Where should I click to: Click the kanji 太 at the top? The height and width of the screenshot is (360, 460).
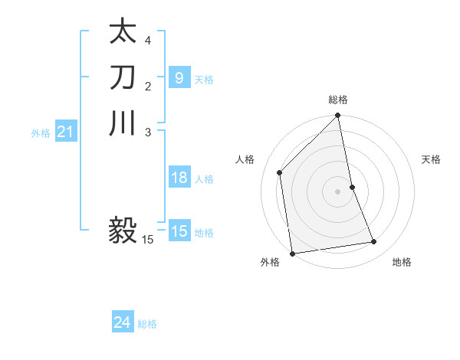tap(123, 33)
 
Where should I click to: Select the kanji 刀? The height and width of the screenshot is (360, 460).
tap(123, 77)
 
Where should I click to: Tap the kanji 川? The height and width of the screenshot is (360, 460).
tap(123, 123)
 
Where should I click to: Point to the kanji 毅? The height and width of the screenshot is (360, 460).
tap(123, 229)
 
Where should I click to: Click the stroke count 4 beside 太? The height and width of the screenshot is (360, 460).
tap(148, 40)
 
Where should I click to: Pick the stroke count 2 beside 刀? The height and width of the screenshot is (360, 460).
tap(148, 85)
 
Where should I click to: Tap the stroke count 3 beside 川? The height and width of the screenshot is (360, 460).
tap(148, 131)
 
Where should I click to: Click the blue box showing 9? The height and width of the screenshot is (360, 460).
tap(179, 77)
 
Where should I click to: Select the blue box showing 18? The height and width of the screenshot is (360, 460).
tap(179, 178)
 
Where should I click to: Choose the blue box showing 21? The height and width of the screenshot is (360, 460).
tap(66, 133)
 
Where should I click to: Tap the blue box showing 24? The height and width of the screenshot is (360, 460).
tap(123, 323)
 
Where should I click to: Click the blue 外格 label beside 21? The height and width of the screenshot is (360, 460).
tap(41, 133)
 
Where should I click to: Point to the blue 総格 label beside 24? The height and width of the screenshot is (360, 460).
tap(147, 324)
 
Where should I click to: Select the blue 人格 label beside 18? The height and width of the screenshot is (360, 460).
tap(204, 179)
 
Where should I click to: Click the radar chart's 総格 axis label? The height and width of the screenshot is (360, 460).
tap(338, 100)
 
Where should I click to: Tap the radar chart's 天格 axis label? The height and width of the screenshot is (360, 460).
tap(432, 159)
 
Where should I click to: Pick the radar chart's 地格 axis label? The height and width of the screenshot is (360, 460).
tap(402, 263)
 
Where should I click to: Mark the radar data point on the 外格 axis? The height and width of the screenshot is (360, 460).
tap(292, 253)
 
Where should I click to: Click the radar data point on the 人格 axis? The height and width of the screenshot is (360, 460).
tap(280, 172)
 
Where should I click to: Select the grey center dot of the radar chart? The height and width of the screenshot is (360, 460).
tap(338, 191)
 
